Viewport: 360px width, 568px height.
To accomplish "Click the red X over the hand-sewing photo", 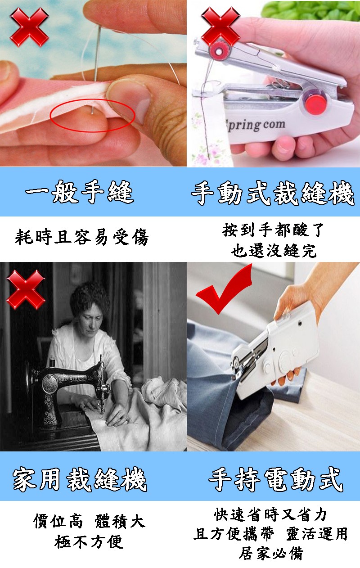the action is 29,27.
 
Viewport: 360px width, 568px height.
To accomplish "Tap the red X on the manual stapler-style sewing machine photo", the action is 220,27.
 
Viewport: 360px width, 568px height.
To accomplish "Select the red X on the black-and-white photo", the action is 26,289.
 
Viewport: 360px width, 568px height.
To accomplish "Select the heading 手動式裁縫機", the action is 273,193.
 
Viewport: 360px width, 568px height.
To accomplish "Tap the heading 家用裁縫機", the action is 80,479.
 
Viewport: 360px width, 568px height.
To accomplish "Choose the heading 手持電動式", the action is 276,479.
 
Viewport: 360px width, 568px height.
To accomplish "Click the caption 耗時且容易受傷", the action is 81,237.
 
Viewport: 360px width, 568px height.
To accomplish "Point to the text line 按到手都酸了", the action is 273,230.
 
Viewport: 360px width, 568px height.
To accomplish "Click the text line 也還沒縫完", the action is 274,251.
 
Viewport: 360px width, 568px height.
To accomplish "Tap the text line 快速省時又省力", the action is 271,514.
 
